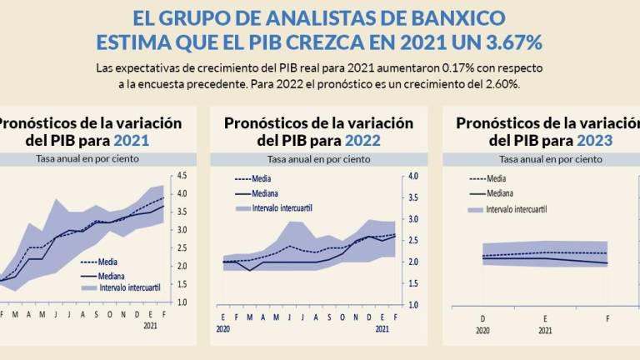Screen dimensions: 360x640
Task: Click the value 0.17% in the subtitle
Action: click(393, 66)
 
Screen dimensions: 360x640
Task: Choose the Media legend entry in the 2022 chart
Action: click(264, 178)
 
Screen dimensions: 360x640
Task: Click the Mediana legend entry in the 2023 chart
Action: click(500, 193)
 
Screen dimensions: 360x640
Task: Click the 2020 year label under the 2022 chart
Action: click(224, 329)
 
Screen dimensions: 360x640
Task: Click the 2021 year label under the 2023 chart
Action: click(546, 329)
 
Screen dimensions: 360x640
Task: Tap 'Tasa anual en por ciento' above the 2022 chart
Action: click(318, 158)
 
